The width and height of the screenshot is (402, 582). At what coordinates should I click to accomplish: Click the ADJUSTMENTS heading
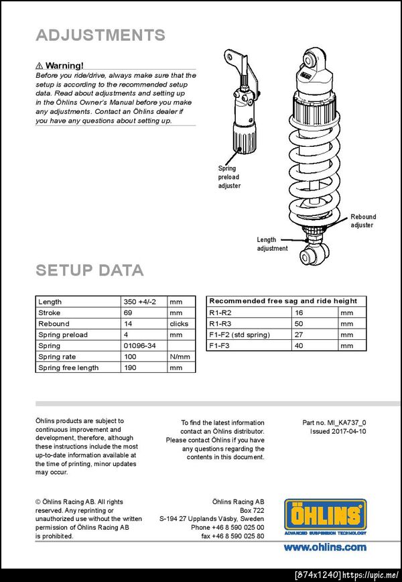click(100, 36)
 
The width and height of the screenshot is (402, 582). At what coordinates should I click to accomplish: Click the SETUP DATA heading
click(89, 270)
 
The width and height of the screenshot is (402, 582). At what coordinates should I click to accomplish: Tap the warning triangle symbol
click(40, 66)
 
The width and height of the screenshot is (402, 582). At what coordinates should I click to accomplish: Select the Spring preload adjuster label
click(229, 177)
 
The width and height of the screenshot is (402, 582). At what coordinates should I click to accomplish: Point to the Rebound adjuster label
click(363, 221)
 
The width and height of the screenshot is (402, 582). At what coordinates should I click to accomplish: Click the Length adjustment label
click(272, 243)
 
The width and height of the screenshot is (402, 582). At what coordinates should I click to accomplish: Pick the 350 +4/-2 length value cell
click(139, 302)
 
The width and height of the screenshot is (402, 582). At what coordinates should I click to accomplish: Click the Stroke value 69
click(128, 312)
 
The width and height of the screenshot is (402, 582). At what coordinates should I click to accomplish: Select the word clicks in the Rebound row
click(179, 324)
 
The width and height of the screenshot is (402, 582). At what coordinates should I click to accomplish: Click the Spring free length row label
click(68, 367)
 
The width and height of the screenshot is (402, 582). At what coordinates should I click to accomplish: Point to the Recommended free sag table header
click(283, 301)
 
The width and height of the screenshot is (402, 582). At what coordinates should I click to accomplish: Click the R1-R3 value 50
click(299, 323)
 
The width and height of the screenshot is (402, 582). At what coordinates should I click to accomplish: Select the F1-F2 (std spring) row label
click(239, 335)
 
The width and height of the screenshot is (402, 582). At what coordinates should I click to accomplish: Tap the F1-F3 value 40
click(299, 345)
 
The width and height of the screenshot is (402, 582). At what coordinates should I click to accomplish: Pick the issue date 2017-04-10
click(338, 432)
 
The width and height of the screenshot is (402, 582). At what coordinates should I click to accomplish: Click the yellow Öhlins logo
click(325, 515)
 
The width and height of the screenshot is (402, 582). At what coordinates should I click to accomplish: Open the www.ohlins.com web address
click(325, 547)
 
